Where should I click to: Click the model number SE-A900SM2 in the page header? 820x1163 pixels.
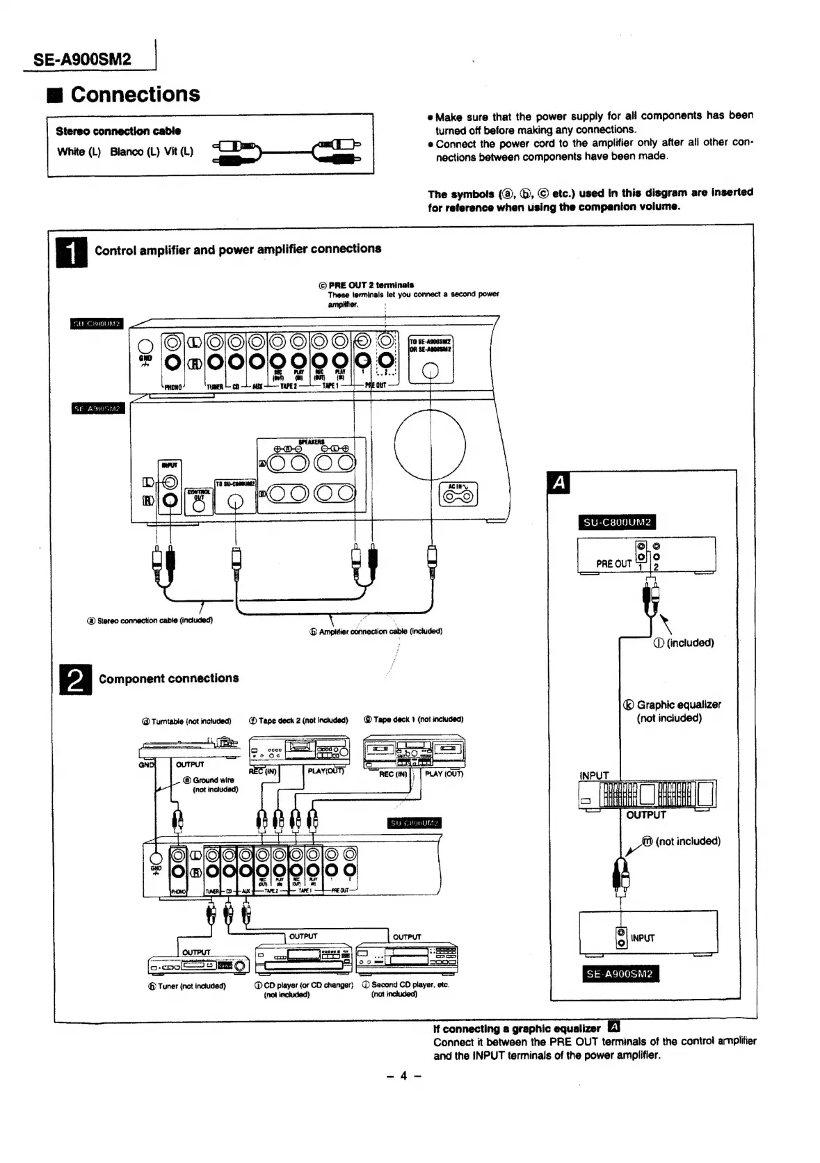point(82,59)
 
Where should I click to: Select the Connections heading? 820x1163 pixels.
point(135,94)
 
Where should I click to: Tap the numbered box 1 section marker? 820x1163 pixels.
point(71,252)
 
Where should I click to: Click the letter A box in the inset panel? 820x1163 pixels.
point(558,482)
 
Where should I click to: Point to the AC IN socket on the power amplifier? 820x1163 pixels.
point(458,495)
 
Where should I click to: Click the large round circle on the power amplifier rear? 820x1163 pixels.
point(430,445)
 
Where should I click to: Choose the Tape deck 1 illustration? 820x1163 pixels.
point(414,752)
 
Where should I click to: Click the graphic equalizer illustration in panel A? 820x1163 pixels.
point(647,794)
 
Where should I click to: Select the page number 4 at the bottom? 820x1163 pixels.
point(403,1075)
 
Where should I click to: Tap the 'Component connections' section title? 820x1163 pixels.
point(169,678)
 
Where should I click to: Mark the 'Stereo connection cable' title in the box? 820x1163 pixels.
point(118,131)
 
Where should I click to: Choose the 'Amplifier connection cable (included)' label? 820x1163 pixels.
point(376,632)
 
